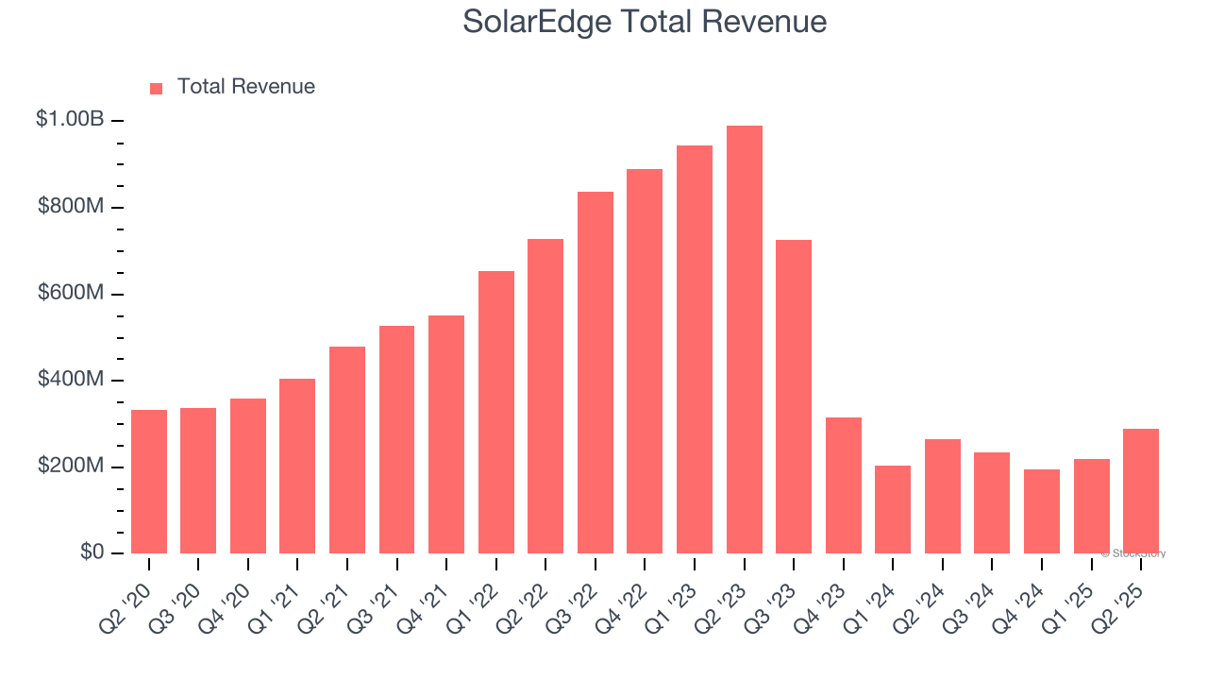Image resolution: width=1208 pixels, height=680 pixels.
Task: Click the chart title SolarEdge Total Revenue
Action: pos(645,23)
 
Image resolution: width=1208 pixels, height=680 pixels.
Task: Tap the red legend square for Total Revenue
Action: pos(157,88)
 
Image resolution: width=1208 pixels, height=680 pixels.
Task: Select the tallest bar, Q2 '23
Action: pos(745,340)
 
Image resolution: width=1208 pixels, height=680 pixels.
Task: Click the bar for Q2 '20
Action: pos(149,482)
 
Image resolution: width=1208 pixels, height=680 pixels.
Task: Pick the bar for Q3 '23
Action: pos(794,397)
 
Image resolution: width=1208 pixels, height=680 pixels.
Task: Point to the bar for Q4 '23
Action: pos(844,485)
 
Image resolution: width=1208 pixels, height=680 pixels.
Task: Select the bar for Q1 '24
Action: pos(893,510)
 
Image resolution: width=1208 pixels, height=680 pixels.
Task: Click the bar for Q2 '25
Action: pos(1141,491)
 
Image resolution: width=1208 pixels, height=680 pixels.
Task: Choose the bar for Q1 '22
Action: pos(496,412)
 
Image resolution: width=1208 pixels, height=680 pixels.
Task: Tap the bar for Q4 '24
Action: pos(1042,511)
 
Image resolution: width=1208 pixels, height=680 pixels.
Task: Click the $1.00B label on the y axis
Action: pos(70,120)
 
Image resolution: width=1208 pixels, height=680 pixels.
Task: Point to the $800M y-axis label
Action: pos(71,206)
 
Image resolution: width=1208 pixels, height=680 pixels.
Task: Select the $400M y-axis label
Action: pos(71,380)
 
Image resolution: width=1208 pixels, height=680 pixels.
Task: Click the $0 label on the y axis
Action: pos(92,552)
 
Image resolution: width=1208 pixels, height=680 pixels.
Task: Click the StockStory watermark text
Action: pos(1133,553)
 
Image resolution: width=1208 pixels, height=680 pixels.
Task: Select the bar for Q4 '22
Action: pos(645,362)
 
